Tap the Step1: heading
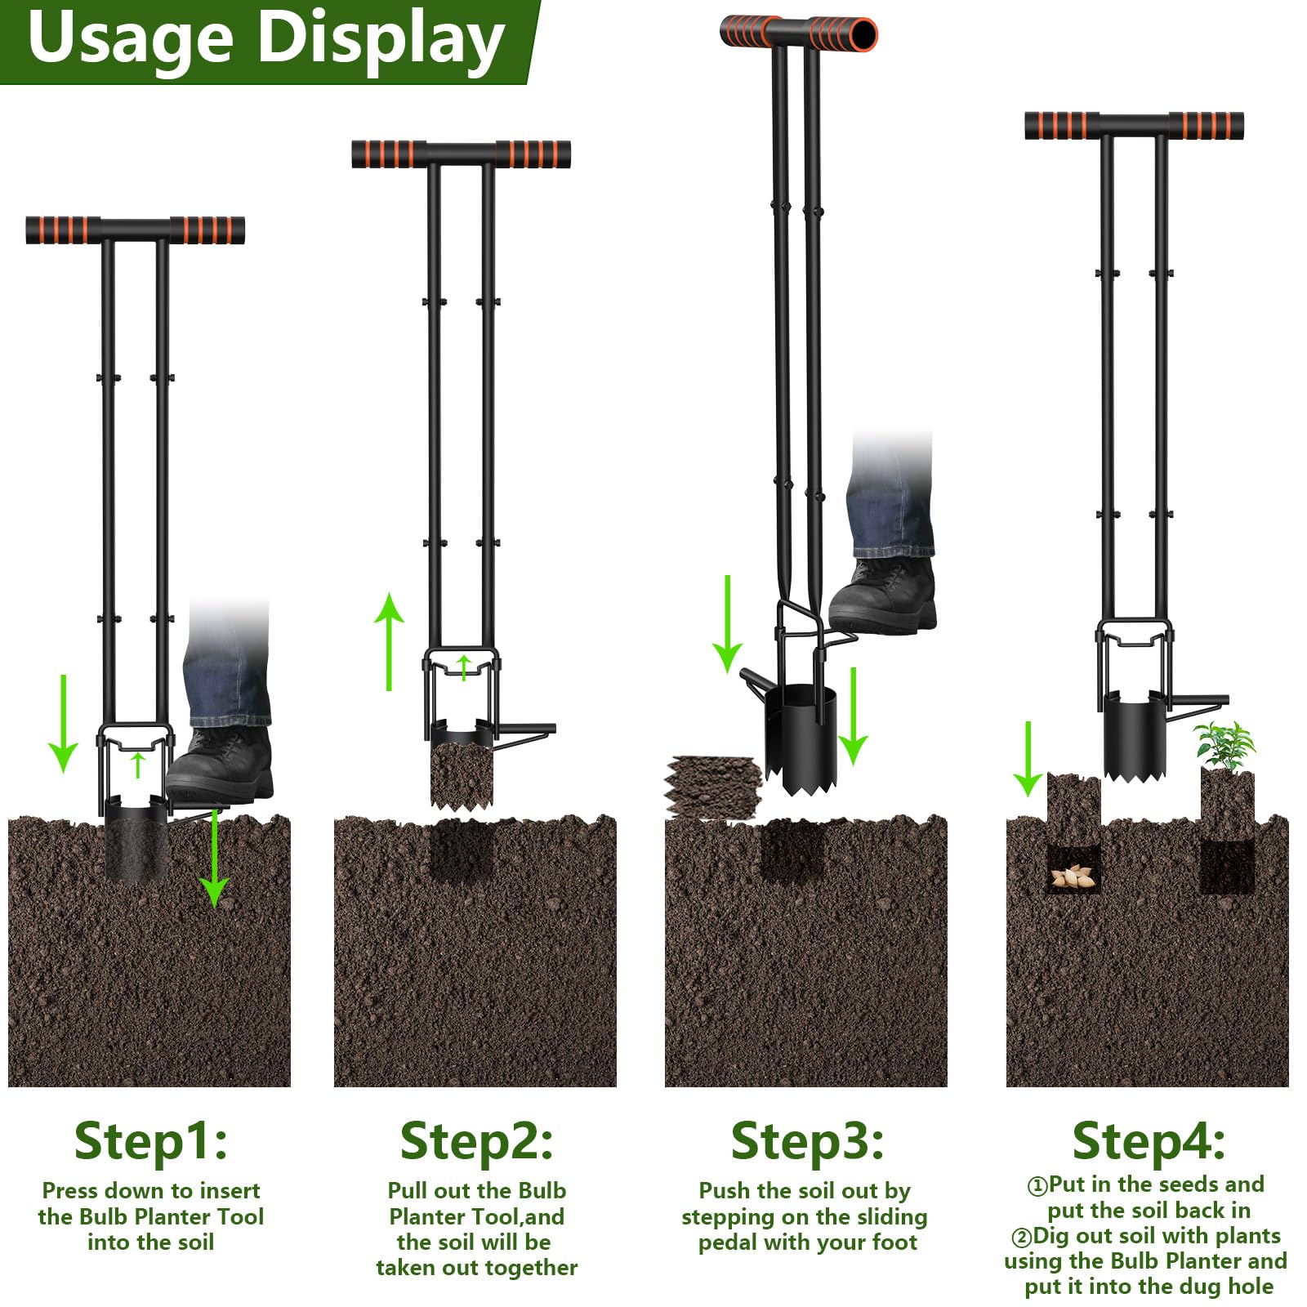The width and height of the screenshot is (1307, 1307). [x=150, y=1141]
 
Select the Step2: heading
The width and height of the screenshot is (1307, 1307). [x=476, y=1141]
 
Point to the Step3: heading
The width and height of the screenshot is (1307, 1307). [x=807, y=1141]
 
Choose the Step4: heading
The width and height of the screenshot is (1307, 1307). [x=1149, y=1141]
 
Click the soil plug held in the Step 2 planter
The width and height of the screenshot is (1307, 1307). [x=462, y=774]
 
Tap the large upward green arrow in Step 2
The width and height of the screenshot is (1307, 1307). [x=390, y=642]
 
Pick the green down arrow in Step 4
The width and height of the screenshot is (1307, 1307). [x=1028, y=759]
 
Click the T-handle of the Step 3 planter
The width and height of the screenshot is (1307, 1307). [x=799, y=33]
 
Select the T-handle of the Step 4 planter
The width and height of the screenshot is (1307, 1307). [x=1135, y=125]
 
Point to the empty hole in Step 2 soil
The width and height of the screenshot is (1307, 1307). [x=462, y=850]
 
